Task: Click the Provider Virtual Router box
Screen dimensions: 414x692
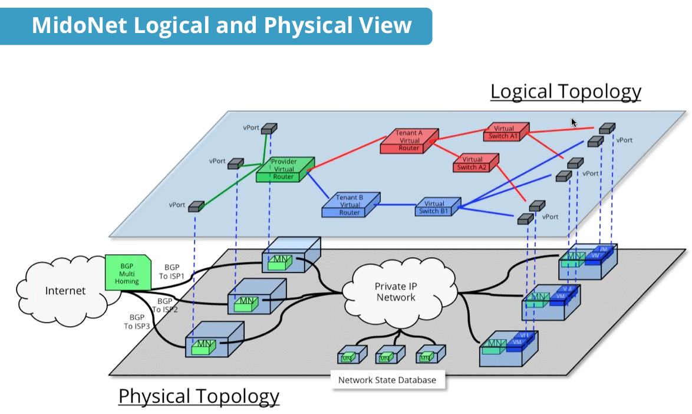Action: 283,169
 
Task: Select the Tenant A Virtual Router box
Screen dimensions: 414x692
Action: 408,141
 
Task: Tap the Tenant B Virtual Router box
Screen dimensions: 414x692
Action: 350,204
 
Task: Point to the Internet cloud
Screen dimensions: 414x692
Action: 65,291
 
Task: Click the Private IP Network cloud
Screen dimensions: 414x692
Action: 396,292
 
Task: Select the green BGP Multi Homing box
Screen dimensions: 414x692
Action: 127,274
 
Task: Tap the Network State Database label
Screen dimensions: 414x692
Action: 387,380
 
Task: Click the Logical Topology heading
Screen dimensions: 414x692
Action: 565,91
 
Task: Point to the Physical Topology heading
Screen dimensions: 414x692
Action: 199,396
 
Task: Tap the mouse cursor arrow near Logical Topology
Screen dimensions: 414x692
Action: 574,122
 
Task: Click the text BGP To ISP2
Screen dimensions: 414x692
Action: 164,305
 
